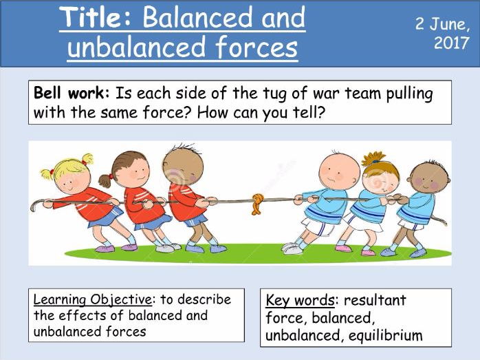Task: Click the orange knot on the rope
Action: tap(257, 204)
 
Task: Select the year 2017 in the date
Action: tap(452, 43)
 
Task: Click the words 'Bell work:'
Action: tap(72, 93)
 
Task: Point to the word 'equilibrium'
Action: tap(385, 335)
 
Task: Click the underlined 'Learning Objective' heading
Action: tap(92, 299)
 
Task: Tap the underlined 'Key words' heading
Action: tap(300, 300)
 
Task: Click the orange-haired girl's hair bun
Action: tap(373, 158)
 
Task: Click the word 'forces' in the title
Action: tap(257, 47)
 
